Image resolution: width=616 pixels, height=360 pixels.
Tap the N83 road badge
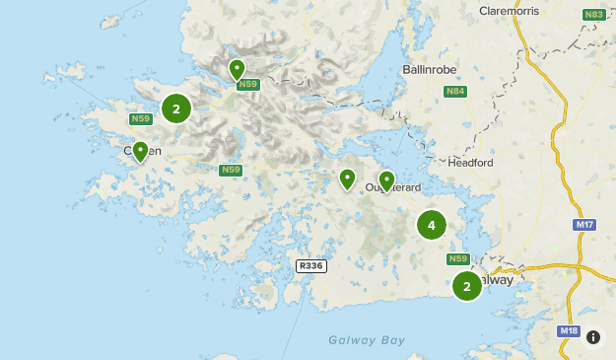point(593,15)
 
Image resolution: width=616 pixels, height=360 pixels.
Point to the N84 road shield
point(454,92)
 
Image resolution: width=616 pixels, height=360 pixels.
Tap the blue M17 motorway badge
point(584,225)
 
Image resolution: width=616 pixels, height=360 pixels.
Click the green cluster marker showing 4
point(431,225)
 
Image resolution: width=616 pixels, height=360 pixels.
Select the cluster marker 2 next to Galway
point(466,286)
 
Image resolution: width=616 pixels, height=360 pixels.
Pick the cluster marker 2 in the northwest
point(175,108)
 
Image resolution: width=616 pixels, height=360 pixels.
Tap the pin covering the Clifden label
point(140,151)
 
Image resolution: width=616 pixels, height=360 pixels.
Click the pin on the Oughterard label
point(386,180)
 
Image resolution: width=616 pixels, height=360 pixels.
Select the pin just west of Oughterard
point(347,178)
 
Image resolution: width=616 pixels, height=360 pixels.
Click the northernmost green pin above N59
point(237,68)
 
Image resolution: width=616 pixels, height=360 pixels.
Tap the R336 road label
point(310,265)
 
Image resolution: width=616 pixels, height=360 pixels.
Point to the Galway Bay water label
point(367,340)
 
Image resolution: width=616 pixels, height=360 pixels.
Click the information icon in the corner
point(593,336)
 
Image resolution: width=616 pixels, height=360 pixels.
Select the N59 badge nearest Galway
point(458,259)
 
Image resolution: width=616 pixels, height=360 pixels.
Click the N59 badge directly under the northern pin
point(247,85)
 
